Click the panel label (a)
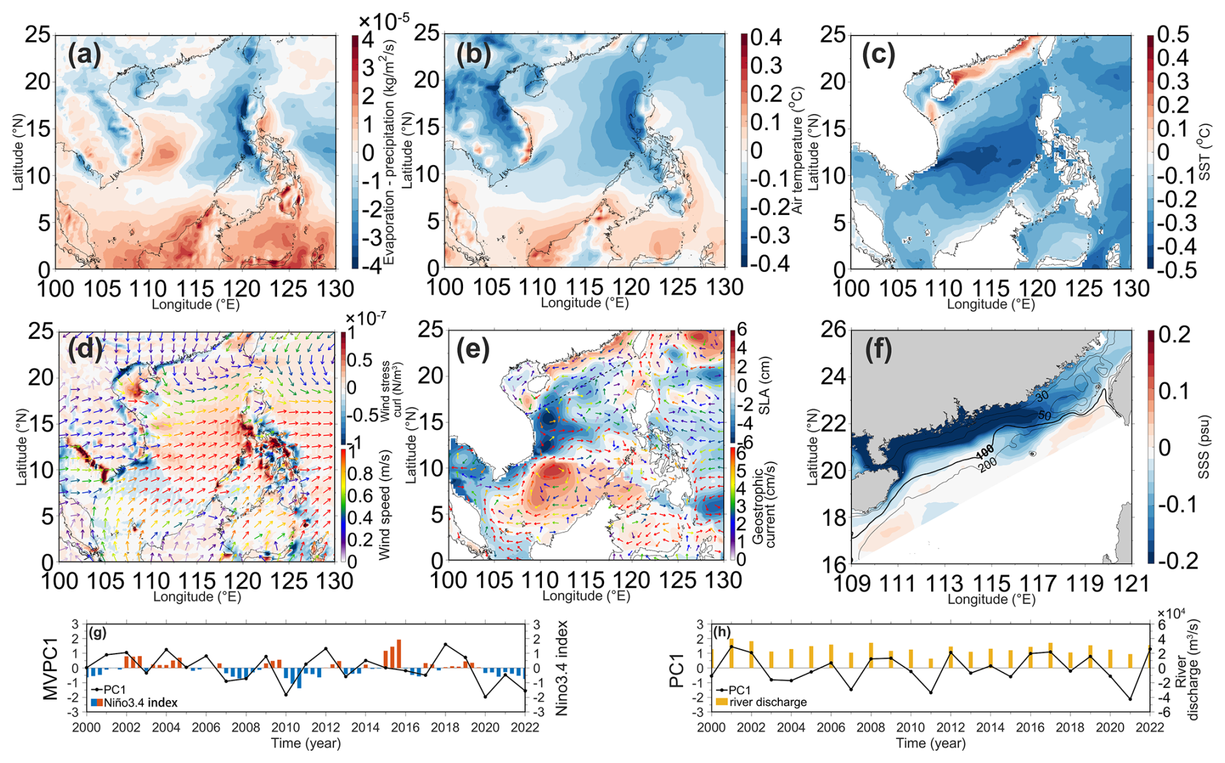85,55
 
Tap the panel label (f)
879,350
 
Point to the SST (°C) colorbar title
1205,153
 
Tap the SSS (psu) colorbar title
1204,447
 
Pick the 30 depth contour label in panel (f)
1041,396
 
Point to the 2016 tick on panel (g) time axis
405,727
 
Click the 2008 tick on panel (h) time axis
870,727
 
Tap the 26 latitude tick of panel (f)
834,330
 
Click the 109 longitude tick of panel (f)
851,584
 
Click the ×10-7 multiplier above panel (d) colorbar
366,318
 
